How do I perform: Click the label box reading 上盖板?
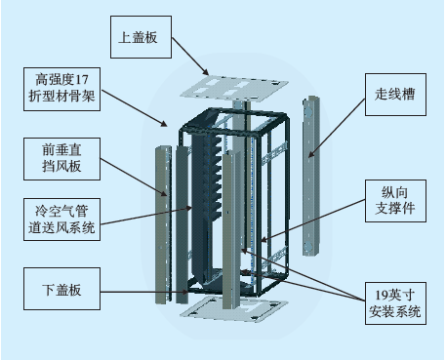coord(141,37)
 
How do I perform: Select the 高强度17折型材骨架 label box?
coord(61,89)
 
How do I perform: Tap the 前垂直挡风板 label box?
coord(61,159)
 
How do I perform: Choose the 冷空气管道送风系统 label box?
coord(61,220)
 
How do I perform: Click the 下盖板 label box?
coord(61,289)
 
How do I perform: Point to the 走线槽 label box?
coord(395,95)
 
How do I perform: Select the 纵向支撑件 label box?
coord(395,201)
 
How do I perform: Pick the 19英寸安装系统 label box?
coord(395,303)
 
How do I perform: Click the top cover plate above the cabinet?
coord(234,87)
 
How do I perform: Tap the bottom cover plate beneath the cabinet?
coord(234,309)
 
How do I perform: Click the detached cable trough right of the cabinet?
coord(311,176)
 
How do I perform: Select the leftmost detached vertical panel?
coord(163,225)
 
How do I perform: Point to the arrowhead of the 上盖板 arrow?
coord(206,73)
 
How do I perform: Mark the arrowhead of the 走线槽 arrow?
coord(310,155)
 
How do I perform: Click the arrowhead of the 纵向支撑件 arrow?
coord(264,241)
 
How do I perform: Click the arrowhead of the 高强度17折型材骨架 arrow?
coord(165,124)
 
